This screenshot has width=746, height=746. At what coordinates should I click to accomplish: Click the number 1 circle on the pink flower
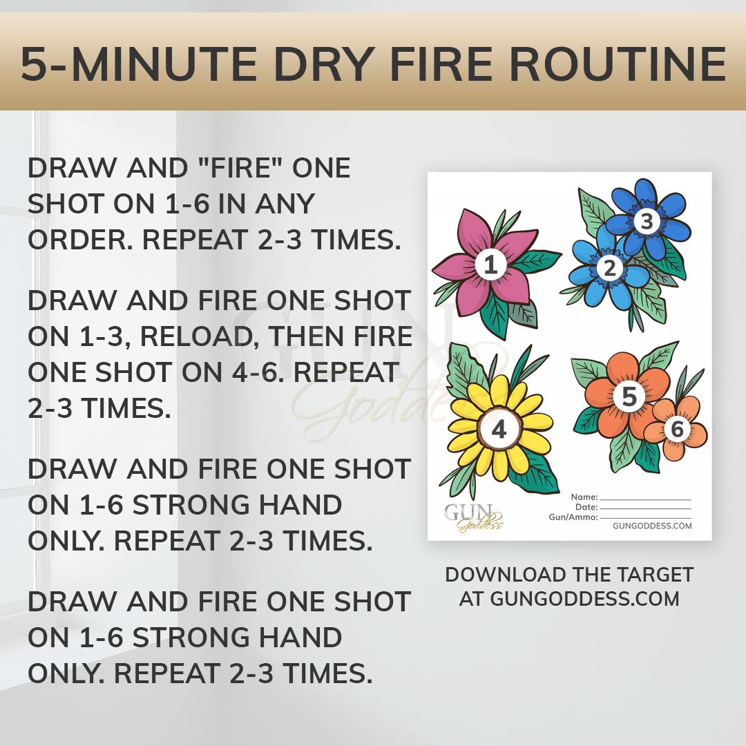click(x=490, y=265)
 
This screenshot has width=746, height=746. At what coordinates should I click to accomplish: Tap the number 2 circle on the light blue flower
click(x=609, y=269)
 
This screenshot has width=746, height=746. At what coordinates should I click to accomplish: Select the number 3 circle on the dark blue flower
click(x=647, y=221)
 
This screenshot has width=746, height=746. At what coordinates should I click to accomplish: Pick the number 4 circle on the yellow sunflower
click(x=498, y=430)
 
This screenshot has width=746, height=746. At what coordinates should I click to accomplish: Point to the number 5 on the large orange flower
click(x=629, y=396)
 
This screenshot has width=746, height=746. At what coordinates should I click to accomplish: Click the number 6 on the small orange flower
click(x=677, y=430)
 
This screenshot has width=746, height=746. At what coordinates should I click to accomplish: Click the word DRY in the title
click(x=325, y=65)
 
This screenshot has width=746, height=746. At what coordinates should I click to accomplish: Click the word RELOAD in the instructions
click(x=195, y=337)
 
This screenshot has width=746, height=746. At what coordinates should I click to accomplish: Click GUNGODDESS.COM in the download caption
click(x=585, y=598)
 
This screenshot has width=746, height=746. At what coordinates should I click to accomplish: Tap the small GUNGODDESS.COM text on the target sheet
click(x=652, y=526)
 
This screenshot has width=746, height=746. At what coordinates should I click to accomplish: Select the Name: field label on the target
click(x=584, y=497)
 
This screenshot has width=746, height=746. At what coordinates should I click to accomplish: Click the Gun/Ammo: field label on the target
click(x=573, y=517)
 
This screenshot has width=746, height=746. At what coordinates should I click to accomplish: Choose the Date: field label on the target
click(x=586, y=507)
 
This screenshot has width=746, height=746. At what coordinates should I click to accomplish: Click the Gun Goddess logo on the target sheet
click(x=473, y=517)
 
